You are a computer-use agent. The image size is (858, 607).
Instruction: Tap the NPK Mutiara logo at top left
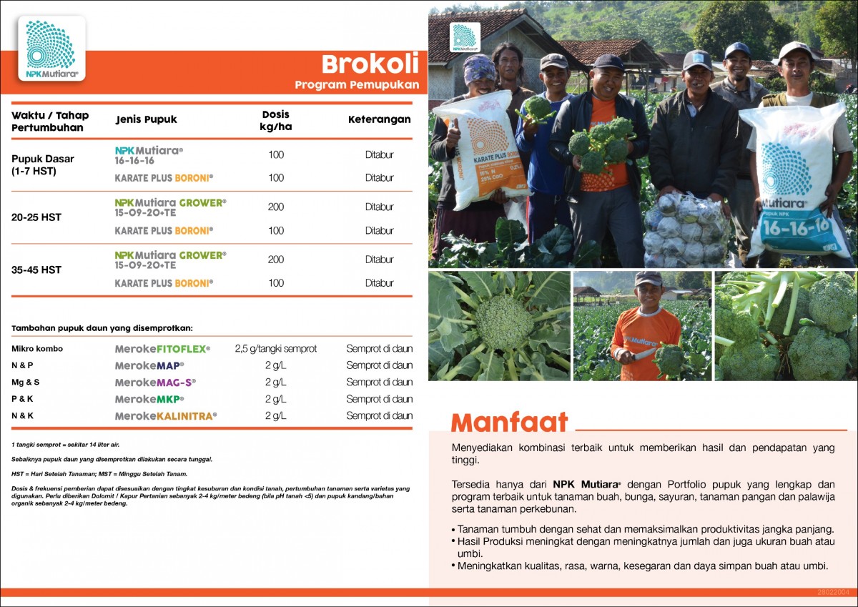tap(51, 49)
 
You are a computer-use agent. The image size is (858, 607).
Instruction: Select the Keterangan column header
tap(379, 119)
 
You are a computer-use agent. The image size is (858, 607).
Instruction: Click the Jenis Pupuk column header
tap(146, 119)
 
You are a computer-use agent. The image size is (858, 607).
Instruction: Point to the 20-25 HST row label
tap(36, 217)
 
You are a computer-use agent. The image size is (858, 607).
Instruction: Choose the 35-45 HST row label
tap(36, 270)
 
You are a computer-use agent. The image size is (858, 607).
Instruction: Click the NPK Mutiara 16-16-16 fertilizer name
tap(149, 156)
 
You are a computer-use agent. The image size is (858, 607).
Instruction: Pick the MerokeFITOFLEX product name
tap(162, 349)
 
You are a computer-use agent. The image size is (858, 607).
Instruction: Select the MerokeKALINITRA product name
tap(165, 415)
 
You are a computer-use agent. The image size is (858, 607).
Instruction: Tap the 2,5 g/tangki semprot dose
tap(275, 349)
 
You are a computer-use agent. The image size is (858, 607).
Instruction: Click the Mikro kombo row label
tap(37, 349)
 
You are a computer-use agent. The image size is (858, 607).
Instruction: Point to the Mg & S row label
tap(26, 383)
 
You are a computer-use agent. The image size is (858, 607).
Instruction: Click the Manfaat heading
tap(509, 423)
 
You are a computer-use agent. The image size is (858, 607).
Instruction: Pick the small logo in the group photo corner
tap(465, 37)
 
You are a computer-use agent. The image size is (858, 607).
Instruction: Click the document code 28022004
tap(833, 593)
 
